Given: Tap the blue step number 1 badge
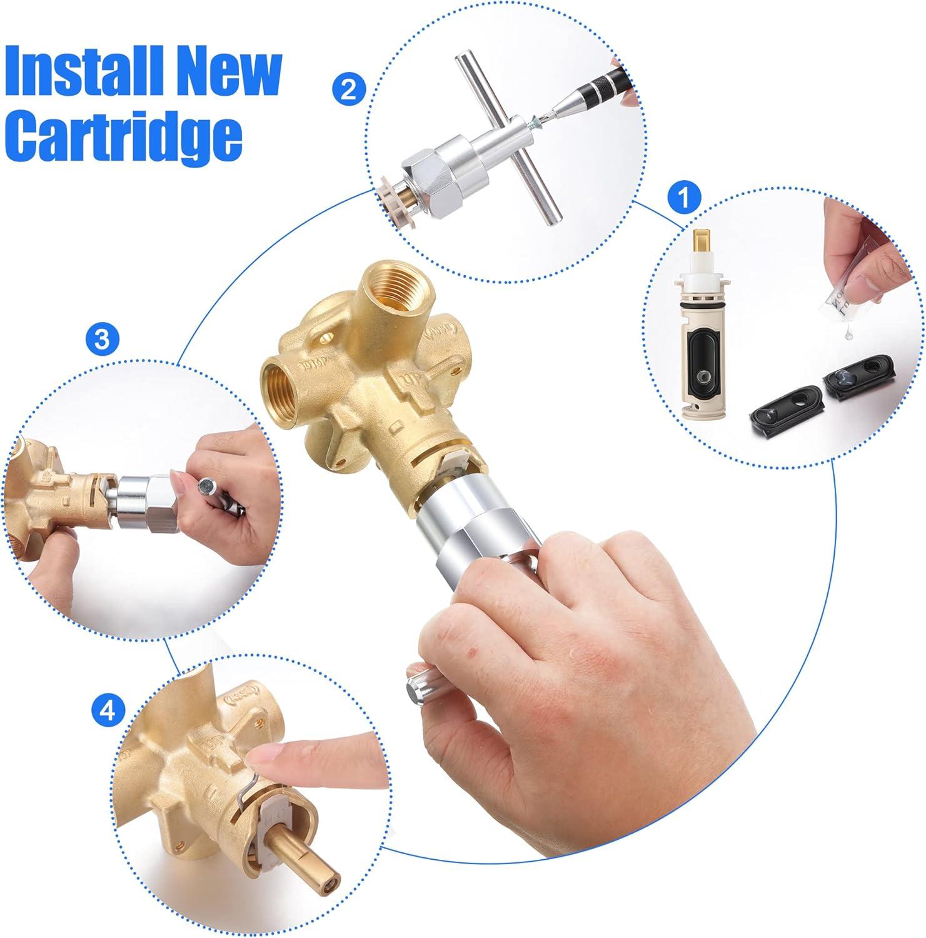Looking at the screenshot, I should point(684,199).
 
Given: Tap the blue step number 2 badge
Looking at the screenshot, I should point(349,89).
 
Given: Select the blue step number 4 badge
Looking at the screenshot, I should point(108,711).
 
